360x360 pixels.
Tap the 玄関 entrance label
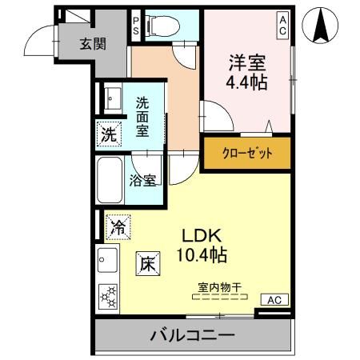coord(92,44)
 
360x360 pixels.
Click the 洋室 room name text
coord(246,62)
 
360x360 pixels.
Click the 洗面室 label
coord(142,116)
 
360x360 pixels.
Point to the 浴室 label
coord(142,179)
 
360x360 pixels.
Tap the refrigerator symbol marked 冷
coord(115,227)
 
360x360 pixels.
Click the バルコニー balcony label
coord(192,335)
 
